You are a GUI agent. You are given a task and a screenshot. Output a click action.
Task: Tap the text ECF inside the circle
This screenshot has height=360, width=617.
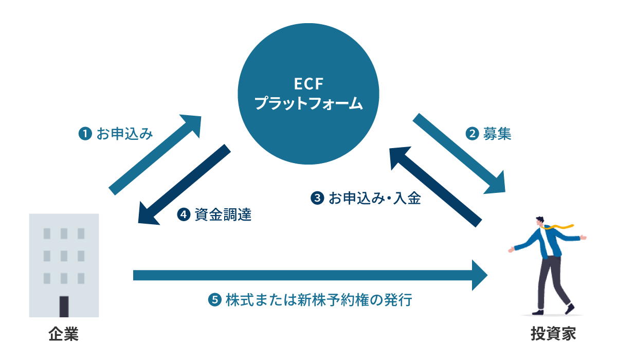tap(308, 83)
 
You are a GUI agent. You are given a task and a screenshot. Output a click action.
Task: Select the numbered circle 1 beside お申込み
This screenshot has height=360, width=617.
tap(83, 134)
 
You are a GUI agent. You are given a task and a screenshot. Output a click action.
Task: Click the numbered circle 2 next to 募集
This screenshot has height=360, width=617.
tap(471, 134)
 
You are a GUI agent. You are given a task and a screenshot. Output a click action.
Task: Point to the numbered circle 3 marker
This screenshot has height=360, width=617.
tap(317, 199)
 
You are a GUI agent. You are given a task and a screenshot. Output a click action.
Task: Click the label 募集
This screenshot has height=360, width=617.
tap(497, 134)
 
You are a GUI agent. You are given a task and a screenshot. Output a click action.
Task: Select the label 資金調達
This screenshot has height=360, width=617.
tap(223, 214)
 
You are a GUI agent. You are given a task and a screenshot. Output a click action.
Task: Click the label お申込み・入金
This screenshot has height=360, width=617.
tap(375, 199)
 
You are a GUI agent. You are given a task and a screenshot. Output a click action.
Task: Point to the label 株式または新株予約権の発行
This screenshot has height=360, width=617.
tap(319, 300)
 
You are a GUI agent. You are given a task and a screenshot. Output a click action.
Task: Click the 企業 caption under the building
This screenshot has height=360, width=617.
tap(64, 334)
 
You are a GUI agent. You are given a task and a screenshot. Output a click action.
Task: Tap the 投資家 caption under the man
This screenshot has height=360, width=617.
tap(553, 334)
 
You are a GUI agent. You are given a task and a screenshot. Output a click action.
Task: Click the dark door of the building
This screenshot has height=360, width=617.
tap(64, 307)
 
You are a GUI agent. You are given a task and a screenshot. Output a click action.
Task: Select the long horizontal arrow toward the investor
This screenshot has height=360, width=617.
tap(308, 275)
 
